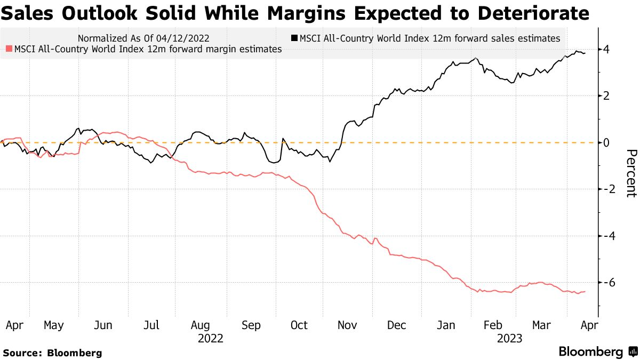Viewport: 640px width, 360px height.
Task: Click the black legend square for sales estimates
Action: pos(294,38)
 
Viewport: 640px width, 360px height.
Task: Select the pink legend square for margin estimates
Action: pos(8,49)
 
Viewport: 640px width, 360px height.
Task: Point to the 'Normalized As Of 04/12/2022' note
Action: pos(143,38)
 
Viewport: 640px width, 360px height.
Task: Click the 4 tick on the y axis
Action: pos(606,50)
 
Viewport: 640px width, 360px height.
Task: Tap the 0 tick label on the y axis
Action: pos(606,142)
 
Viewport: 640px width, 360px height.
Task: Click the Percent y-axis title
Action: pos(630,173)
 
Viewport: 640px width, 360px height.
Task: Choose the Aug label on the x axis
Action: pos(200,325)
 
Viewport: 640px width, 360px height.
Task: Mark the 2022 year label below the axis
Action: pos(210,339)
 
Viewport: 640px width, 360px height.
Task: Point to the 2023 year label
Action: pos(509,339)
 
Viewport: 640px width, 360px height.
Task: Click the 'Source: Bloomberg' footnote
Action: pos(52,353)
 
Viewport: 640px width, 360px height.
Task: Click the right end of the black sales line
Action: pos(585,53)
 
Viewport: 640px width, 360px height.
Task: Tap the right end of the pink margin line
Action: pos(585,291)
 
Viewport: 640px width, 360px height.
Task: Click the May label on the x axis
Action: pos(54,325)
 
